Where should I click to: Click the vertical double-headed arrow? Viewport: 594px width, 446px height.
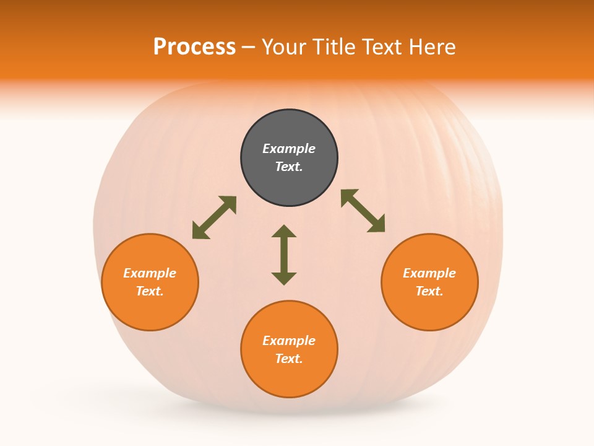pos(284,255)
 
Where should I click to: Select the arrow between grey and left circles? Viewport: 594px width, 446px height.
pos(214,217)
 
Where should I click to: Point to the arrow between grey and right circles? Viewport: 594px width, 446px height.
pos(363,211)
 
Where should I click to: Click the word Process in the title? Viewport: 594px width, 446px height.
pos(194,47)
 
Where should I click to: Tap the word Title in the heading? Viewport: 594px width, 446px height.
pos(335,47)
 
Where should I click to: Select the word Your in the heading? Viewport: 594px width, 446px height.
pos(285,47)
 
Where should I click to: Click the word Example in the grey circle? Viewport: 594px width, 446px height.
pos(289,149)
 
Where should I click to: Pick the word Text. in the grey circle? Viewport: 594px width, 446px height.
pos(289,167)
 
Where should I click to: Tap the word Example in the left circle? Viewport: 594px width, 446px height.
pos(150,273)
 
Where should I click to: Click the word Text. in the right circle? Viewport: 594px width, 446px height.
pos(429,291)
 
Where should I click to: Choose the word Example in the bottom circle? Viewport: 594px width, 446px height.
pos(289,341)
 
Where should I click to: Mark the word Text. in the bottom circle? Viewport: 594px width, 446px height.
pos(289,359)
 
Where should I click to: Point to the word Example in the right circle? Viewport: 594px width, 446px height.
pos(429,273)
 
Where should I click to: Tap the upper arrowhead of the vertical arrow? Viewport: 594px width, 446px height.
pos(284,231)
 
